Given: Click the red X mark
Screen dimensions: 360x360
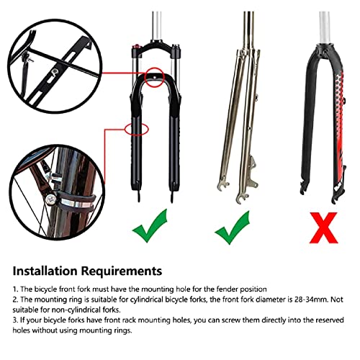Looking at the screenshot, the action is coord(324,228).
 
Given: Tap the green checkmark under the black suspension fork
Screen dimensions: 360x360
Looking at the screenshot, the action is coord(150,225).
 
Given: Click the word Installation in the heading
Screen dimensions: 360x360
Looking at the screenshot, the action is coord(45,271).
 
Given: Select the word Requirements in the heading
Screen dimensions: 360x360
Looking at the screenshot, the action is coord(122,271).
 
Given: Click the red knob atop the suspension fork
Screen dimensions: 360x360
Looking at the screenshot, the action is coord(137,45).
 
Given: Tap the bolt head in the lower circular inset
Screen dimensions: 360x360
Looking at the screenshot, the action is coord(50,199).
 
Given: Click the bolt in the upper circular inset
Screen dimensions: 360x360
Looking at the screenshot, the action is coord(55,71).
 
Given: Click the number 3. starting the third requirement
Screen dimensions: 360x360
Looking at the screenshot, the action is coord(15,320).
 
